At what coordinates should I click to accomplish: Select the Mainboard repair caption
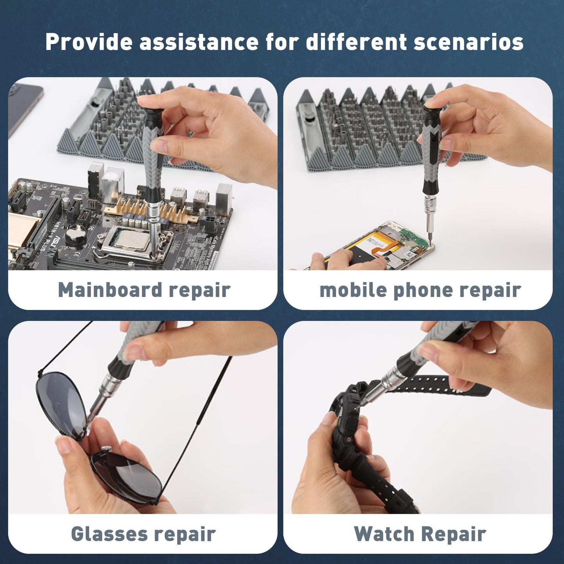click(x=144, y=290)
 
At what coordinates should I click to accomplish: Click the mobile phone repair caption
click(x=420, y=290)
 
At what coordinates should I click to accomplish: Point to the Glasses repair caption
click(x=143, y=534)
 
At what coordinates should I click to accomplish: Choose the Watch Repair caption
click(x=420, y=534)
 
